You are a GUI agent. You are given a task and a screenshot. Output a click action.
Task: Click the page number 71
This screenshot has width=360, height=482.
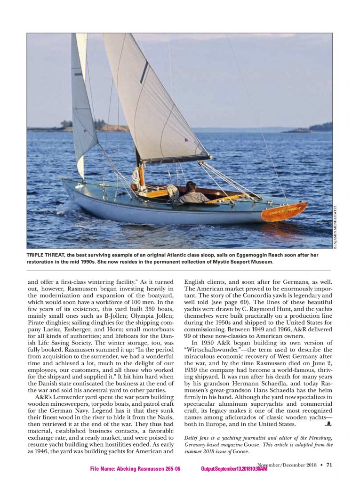pos(329,465)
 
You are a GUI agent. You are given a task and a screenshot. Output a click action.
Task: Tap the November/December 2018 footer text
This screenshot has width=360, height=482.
pos(287,465)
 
